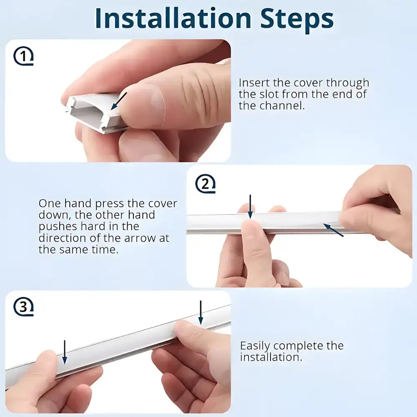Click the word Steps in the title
pos(297,20)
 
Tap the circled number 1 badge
pos(23,56)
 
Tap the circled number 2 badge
pos(205,184)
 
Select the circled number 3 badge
pos(23,306)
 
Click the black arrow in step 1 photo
pos(118,101)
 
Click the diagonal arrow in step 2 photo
pos(333,230)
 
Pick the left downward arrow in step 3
pos(64,352)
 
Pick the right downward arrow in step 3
pos(201,313)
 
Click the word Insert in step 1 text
pos(254,83)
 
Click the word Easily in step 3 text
pos(255,346)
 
